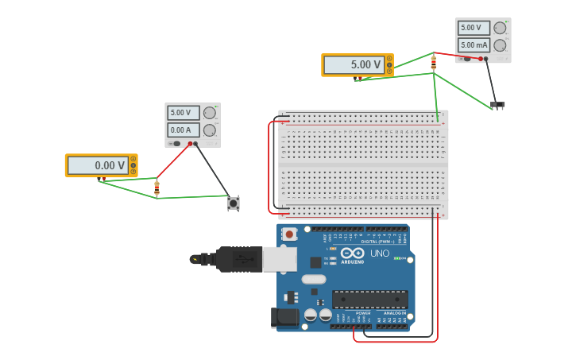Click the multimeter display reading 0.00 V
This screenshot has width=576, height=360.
pos(98,165)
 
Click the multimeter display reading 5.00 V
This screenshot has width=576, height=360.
pos(354,64)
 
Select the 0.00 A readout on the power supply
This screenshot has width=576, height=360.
pos(183,130)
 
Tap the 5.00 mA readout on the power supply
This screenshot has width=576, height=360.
pos(474,45)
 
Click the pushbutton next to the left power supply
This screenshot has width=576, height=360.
pos(233,203)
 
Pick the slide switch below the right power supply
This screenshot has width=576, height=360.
pos(497,105)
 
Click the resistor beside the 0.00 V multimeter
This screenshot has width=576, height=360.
pos(157,188)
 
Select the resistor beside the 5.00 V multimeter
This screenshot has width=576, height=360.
pos(433,62)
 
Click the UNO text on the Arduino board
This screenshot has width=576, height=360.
pos(380,254)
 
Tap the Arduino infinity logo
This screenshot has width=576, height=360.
pos(352,253)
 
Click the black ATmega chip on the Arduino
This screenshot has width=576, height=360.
pos(369,300)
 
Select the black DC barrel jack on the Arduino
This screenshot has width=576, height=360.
pos(284,318)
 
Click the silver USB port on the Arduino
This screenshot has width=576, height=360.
pos(280,259)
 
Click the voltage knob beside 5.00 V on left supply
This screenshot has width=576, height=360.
pos(210,113)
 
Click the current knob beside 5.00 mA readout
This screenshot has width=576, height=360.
pos(500,45)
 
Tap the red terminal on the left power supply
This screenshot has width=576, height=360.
pos(189,144)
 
